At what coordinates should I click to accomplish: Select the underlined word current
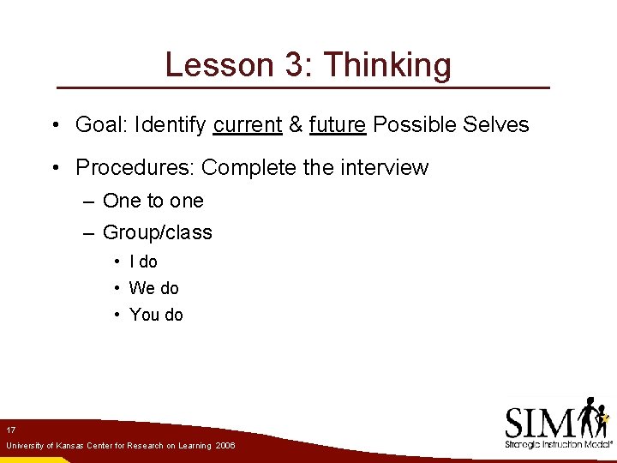point(248,125)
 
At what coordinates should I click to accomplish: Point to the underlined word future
point(338,125)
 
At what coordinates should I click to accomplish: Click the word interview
point(384,167)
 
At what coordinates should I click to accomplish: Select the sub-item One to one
point(153,201)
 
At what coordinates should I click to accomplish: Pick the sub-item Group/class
point(157,233)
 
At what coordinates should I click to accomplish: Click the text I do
point(143,262)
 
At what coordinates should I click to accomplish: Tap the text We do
point(153,288)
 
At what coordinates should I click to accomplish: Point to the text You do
point(156,315)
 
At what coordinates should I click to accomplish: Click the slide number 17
point(10,429)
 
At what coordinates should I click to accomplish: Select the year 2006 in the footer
point(225,446)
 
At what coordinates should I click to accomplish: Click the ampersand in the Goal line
point(296,125)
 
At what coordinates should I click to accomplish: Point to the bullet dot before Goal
point(54,126)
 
